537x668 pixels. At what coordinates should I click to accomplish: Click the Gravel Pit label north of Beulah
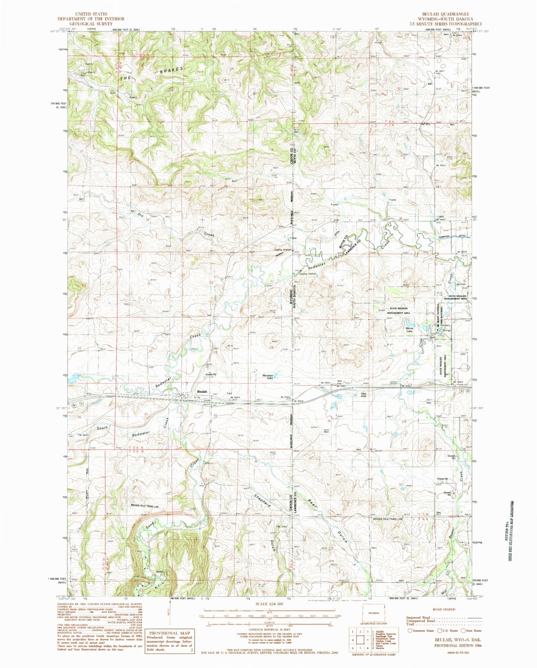click(211, 375)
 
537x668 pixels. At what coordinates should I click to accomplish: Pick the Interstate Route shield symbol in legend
click(410, 630)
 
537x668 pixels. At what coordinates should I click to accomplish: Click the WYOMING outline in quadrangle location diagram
click(374, 613)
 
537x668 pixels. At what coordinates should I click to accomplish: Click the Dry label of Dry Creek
click(141, 214)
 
